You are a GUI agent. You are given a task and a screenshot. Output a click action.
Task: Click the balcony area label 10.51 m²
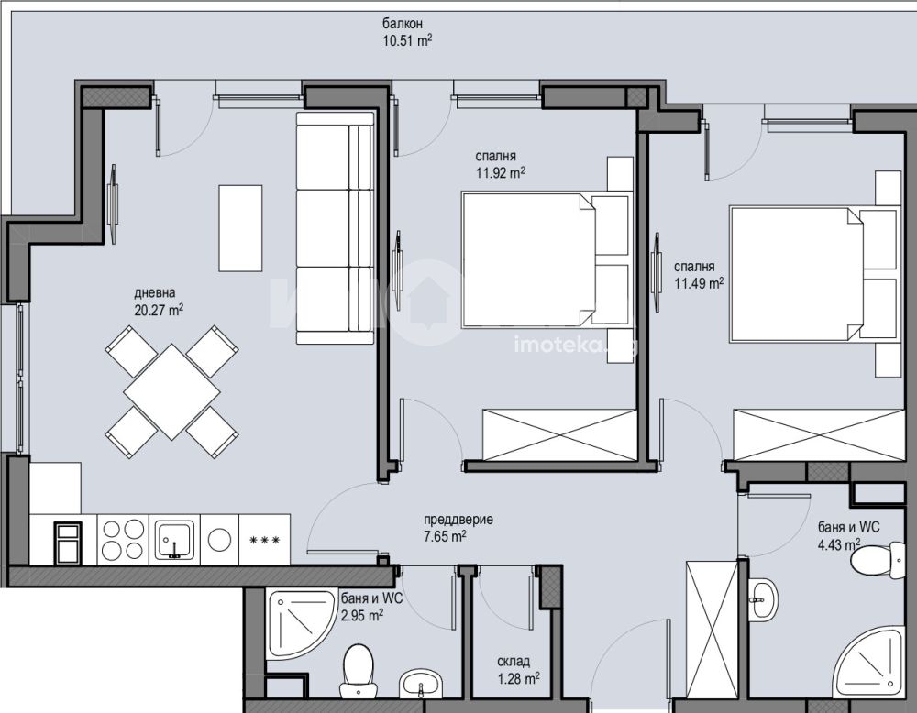(x=407, y=41)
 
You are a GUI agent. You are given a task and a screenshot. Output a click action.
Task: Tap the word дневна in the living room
(x=154, y=292)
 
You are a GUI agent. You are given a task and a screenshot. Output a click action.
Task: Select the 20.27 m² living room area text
(x=159, y=310)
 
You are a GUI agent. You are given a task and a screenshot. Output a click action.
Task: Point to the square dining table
(x=172, y=391)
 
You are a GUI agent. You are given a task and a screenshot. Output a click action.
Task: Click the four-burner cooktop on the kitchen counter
(x=123, y=540)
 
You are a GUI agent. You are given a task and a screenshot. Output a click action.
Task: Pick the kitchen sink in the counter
(x=174, y=540)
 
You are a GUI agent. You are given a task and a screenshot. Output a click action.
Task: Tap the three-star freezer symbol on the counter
(x=264, y=540)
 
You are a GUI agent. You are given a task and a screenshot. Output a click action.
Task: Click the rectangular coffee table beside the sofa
(x=240, y=228)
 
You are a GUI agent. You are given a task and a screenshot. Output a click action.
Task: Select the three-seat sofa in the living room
(x=335, y=228)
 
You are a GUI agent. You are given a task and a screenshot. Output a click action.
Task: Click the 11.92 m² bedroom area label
(x=500, y=173)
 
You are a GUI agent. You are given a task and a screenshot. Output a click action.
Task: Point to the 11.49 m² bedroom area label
(x=699, y=284)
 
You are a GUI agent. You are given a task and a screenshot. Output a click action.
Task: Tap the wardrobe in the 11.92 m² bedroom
(x=559, y=434)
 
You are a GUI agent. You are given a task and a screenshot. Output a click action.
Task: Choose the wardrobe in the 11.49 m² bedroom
(x=819, y=434)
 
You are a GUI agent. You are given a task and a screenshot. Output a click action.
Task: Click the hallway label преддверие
(x=458, y=520)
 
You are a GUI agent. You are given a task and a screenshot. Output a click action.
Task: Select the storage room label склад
(x=514, y=662)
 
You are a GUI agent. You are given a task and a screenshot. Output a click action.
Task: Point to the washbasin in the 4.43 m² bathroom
(x=764, y=599)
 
